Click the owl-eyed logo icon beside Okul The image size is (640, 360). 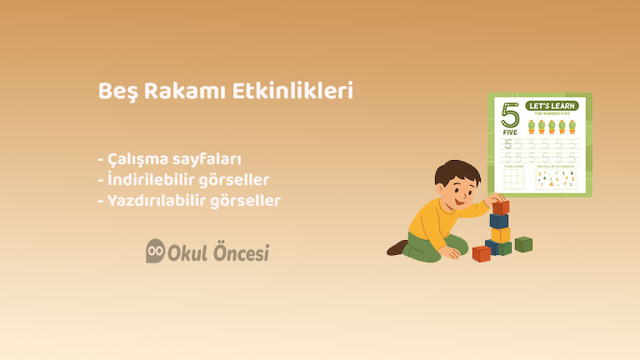click(155, 252)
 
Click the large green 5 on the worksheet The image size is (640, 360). click(509, 113)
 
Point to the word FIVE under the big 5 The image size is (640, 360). click(509, 132)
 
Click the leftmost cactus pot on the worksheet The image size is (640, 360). click(531, 127)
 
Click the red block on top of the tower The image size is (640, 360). click(500, 207)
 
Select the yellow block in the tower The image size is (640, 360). click(500, 235)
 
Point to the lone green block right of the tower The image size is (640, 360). click(523, 244)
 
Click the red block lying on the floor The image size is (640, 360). click(481, 252)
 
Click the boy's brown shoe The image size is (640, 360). click(397, 247)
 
